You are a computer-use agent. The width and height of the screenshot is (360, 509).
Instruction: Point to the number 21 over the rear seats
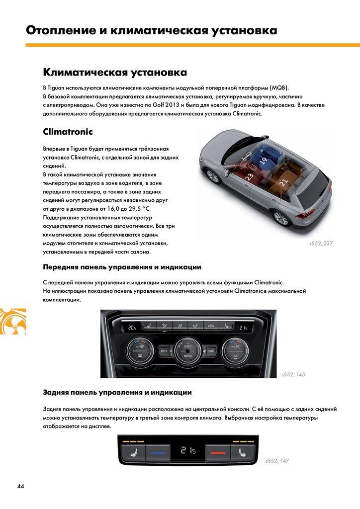pyautogui.click(x=283, y=182)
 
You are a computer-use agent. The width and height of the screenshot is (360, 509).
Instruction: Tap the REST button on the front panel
pyautogui.click(x=164, y=350)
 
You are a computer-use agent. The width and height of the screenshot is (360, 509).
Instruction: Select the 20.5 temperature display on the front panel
pyautogui.click(x=131, y=328)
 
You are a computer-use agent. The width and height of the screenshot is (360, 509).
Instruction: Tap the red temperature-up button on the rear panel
pyautogui.click(x=218, y=453)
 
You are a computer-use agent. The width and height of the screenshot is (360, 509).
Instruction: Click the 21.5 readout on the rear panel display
pyautogui.click(x=188, y=451)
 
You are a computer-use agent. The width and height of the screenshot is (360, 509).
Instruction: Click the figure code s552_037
pyautogui.click(x=320, y=244)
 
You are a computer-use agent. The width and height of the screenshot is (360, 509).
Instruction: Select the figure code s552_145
pyautogui.click(x=293, y=374)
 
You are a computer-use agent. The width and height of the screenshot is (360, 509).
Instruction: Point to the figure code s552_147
pyautogui.click(x=277, y=461)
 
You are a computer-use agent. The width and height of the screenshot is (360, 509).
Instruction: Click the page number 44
pyautogui.click(x=20, y=486)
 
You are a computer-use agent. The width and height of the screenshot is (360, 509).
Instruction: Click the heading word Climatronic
pyautogui.click(x=68, y=132)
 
